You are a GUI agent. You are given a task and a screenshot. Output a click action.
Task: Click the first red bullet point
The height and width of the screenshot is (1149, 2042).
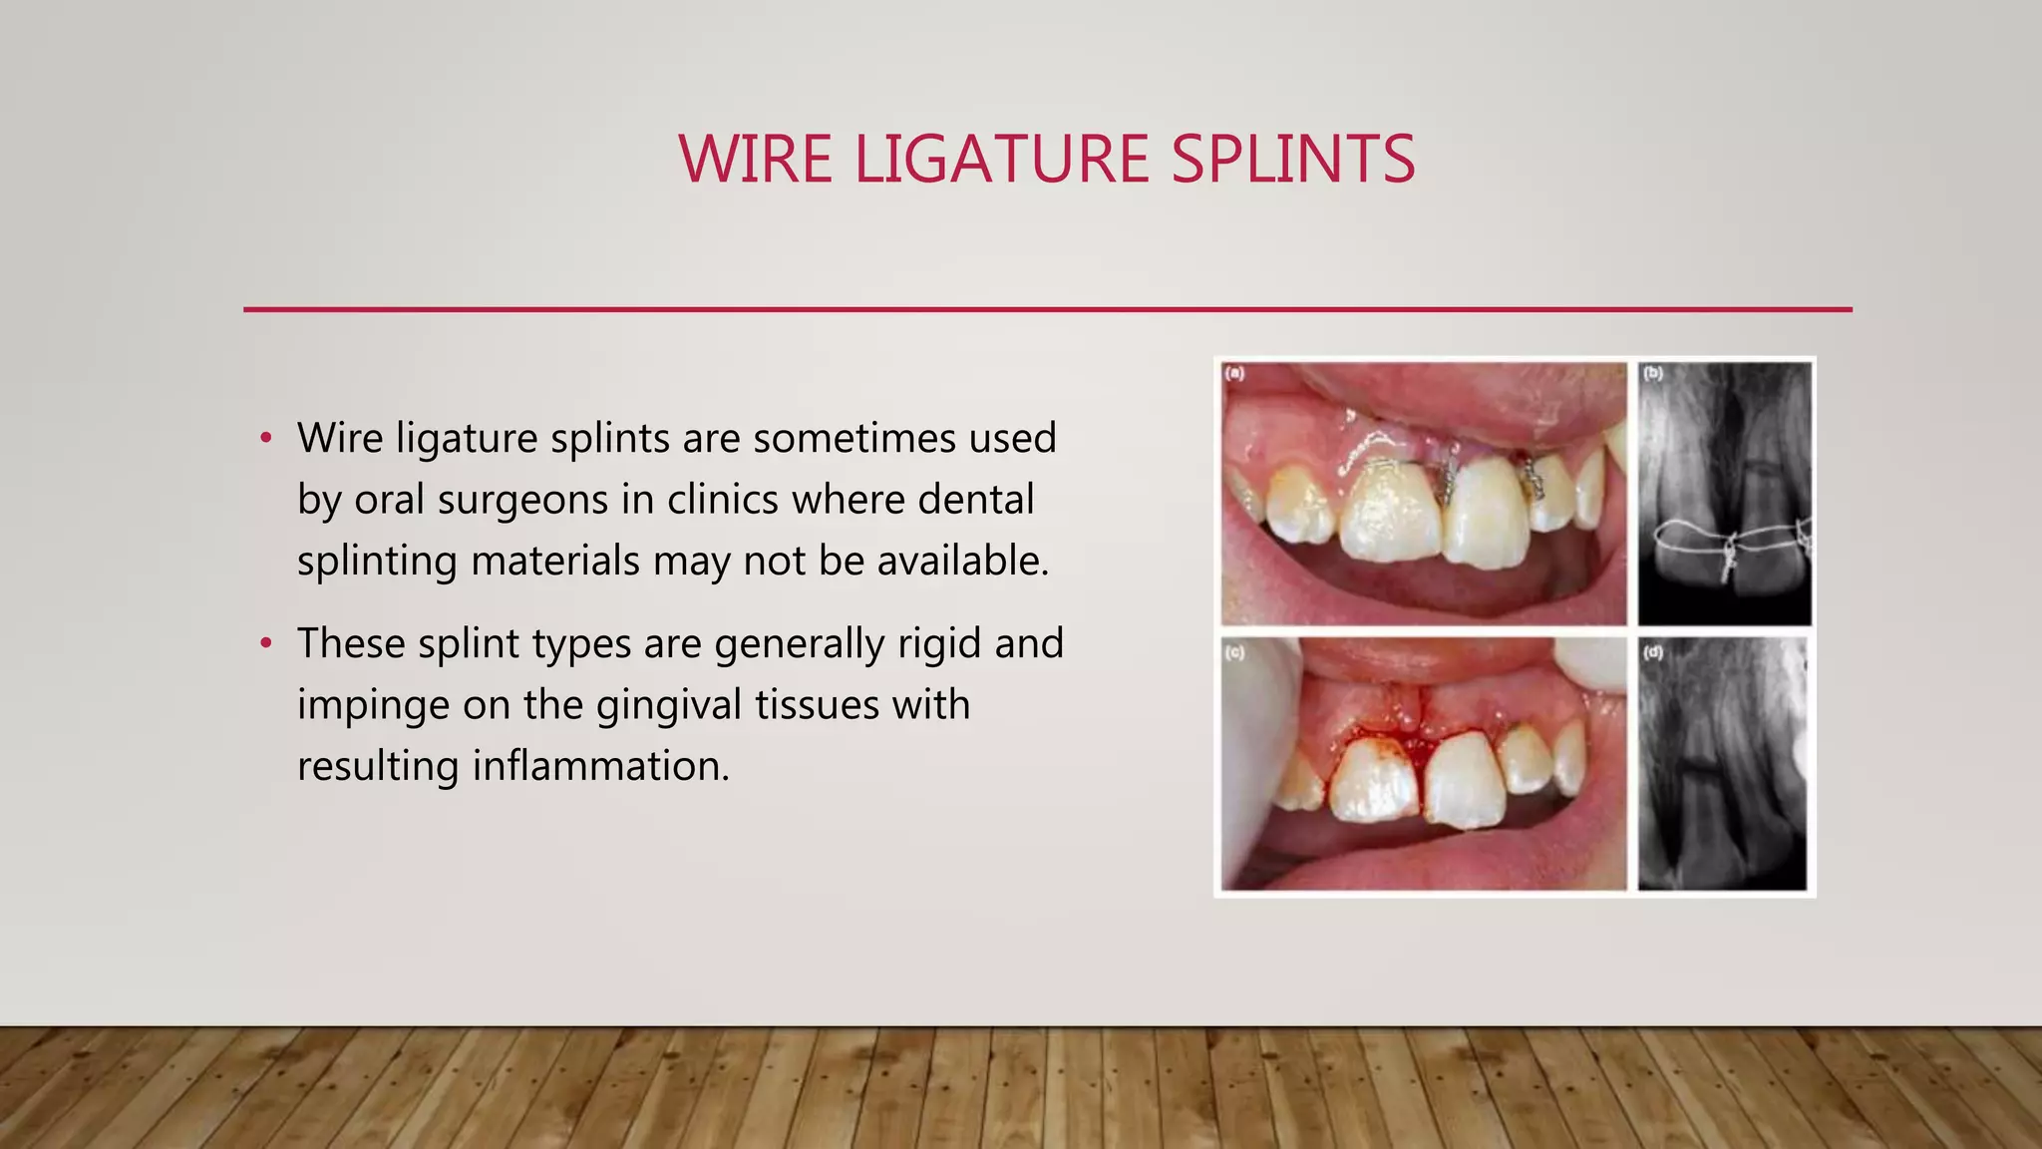click(x=265, y=439)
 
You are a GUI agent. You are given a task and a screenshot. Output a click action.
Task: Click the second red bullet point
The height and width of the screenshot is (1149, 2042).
click(x=265, y=644)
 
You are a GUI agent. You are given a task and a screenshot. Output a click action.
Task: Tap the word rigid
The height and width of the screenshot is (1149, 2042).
click(x=938, y=643)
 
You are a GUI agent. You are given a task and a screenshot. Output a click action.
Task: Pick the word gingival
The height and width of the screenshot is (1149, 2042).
click(x=669, y=705)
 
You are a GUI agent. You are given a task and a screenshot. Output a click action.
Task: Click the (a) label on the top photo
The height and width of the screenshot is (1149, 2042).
click(x=1235, y=373)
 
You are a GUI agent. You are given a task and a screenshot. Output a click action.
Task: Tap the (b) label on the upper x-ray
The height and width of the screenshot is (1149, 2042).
click(x=1653, y=373)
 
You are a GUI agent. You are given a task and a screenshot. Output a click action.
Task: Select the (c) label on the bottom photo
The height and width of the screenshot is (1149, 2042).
click(x=1235, y=652)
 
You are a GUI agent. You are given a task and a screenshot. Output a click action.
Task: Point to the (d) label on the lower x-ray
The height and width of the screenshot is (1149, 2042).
click(x=1653, y=652)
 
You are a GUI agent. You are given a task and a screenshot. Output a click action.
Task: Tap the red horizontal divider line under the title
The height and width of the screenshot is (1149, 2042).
click(x=1047, y=309)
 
